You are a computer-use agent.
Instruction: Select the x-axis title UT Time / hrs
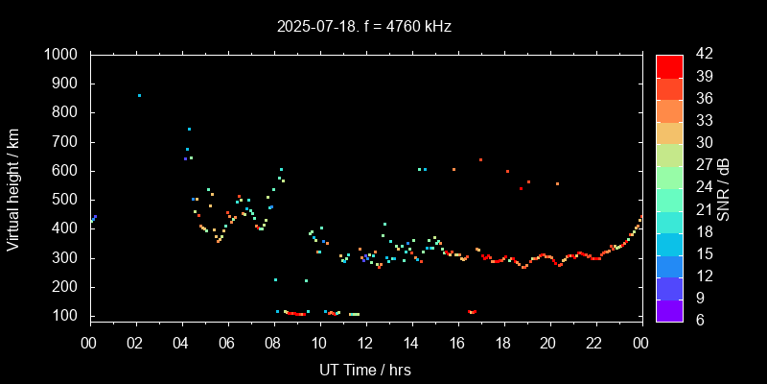click(x=365, y=369)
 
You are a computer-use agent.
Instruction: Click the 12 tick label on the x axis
click(x=365, y=343)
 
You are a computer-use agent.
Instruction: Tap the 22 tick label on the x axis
click(x=594, y=343)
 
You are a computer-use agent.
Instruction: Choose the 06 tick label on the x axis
click(x=227, y=343)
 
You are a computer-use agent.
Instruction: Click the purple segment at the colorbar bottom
click(x=669, y=310)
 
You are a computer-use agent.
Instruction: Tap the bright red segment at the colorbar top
click(x=669, y=65)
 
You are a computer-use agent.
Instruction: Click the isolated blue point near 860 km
click(x=139, y=96)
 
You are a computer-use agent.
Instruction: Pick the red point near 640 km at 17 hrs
click(x=480, y=159)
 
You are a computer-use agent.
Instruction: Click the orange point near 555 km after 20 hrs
click(x=557, y=183)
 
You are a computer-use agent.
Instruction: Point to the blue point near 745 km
click(x=189, y=129)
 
